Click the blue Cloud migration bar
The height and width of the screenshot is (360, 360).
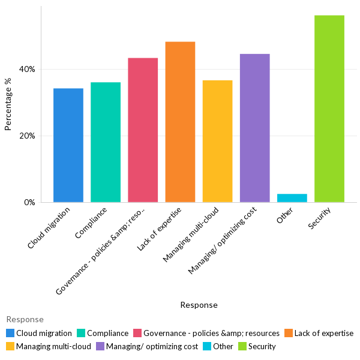68,145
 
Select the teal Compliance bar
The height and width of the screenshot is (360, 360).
106,142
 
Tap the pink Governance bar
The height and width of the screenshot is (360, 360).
143,130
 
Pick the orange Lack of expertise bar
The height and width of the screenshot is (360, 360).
180,122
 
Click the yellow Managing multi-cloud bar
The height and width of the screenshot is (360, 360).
217,141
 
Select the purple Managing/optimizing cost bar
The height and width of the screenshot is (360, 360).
254,128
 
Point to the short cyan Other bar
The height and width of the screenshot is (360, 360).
292,198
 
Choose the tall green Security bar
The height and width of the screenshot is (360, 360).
329,109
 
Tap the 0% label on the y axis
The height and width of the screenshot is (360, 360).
29,203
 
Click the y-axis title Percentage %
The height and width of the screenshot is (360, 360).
8,109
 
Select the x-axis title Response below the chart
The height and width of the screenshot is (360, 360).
199,305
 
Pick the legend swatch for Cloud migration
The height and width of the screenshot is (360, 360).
10,333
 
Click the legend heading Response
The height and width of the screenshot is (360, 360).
25,320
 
